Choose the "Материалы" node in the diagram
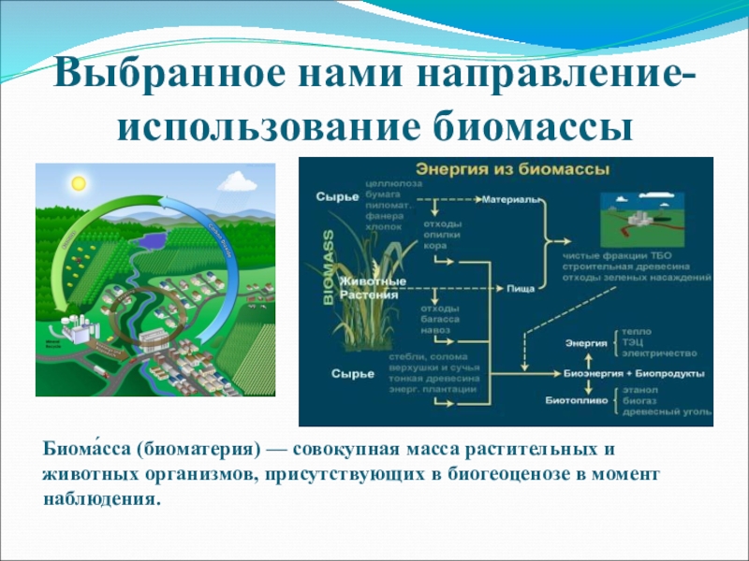pos(511,200)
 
